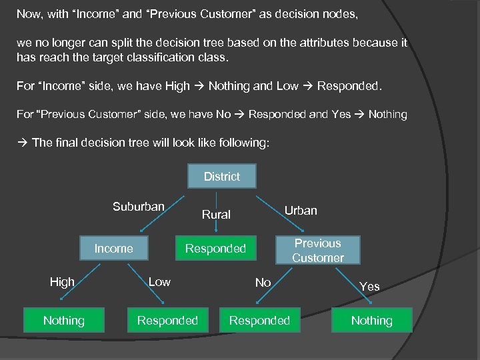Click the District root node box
pos(221,176)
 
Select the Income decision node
pos(113,249)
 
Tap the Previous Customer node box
pos(317,251)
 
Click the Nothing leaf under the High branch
pos(64,321)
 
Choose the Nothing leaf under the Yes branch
pos(371,321)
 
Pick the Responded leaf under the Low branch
pos(167,321)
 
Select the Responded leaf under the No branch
pos(259,321)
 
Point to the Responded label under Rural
pos(215,249)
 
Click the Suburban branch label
pos(138,207)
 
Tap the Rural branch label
pos(216,215)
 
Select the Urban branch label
pos(301,211)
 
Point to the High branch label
pos(62,282)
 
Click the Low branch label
pos(159,282)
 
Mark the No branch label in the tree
pos(263,283)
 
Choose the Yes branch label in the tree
pos(369,287)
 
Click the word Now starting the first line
pos(29,13)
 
